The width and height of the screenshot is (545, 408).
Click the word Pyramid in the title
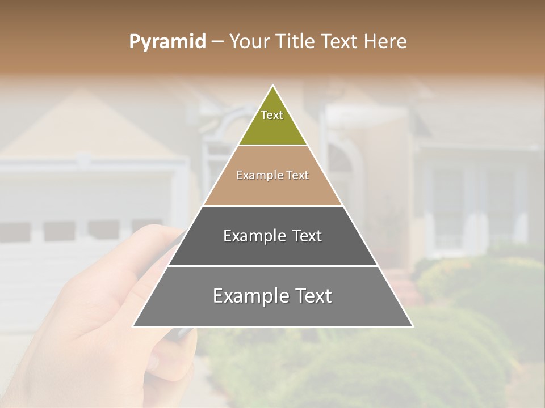(167, 42)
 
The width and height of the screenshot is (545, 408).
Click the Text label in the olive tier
(272, 115)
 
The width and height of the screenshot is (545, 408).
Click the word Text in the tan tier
(297, 176)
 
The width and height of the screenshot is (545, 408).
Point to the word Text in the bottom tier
(312, 296)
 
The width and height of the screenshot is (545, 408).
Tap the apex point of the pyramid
(272, 86)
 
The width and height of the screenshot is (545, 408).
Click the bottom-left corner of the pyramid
(134, 326)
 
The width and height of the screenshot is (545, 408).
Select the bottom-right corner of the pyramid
(412, 326)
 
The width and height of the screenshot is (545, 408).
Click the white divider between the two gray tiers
(272, 266)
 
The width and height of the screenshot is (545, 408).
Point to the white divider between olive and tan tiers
(272, 146)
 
